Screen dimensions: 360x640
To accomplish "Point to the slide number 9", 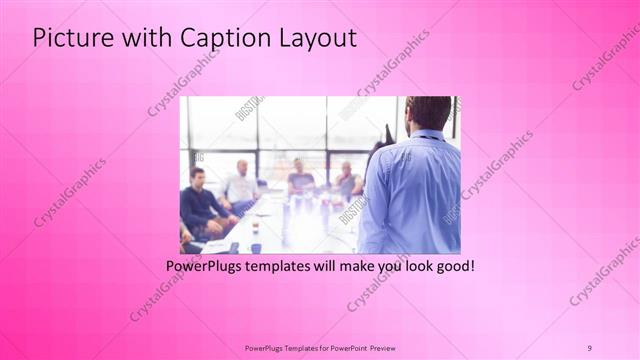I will [x=590, y=347].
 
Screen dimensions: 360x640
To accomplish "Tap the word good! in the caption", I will [x=453, y=267].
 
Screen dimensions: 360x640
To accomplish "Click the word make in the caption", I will [x=356, y=267].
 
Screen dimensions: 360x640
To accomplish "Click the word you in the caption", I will [x=390, y=267].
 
